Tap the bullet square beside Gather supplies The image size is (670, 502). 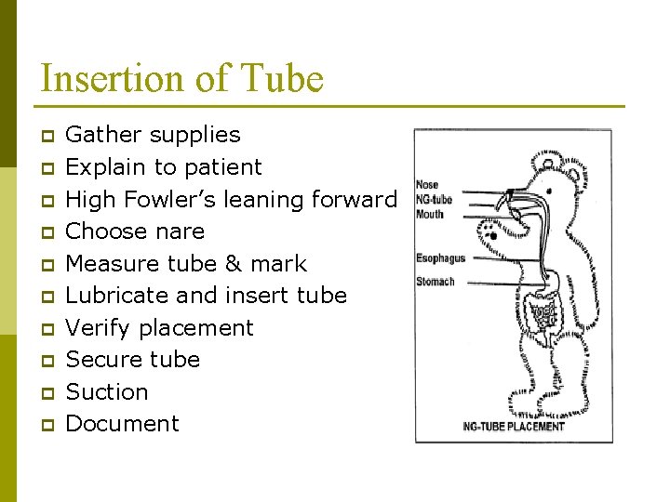tap(48, 136)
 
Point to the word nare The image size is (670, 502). tap(181, 231)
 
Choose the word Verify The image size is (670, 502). tap(97, 328)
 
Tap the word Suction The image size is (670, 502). tap(107, 392)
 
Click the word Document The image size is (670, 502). tap(122, 424)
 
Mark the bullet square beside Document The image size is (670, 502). tap(48, 425)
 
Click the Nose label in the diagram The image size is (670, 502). tap(426, 185)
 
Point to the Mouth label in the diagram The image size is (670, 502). tap(429, 214)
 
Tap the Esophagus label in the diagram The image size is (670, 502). tap(439, 258)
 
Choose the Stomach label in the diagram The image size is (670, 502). tap(435, 281)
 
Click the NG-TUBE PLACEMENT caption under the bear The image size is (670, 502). tap(514, 427)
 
